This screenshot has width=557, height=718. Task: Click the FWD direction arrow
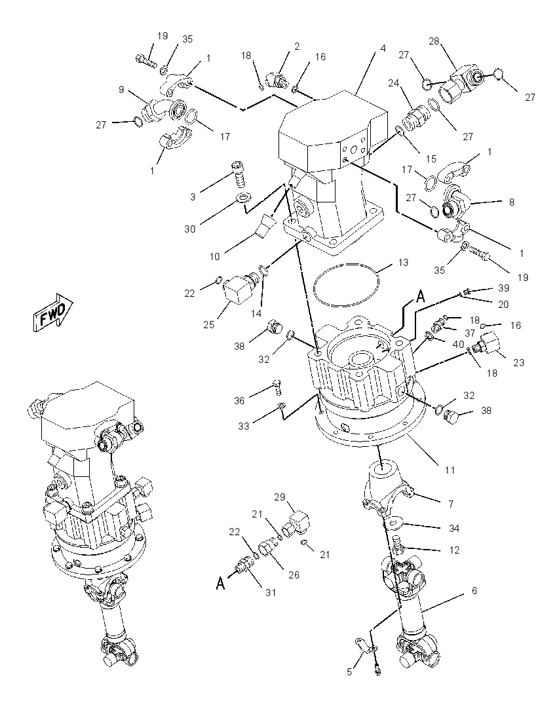click(x=52, y=312)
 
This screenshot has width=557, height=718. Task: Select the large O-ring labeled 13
click(x=347, y=265)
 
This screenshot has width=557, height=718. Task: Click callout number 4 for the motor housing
click(x=383, y=48)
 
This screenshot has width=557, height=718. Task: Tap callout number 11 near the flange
click(x=450, y=470)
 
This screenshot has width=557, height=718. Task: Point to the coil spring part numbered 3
click(x=239, y=174)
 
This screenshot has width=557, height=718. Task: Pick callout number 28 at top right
click(x=433, y=41)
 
